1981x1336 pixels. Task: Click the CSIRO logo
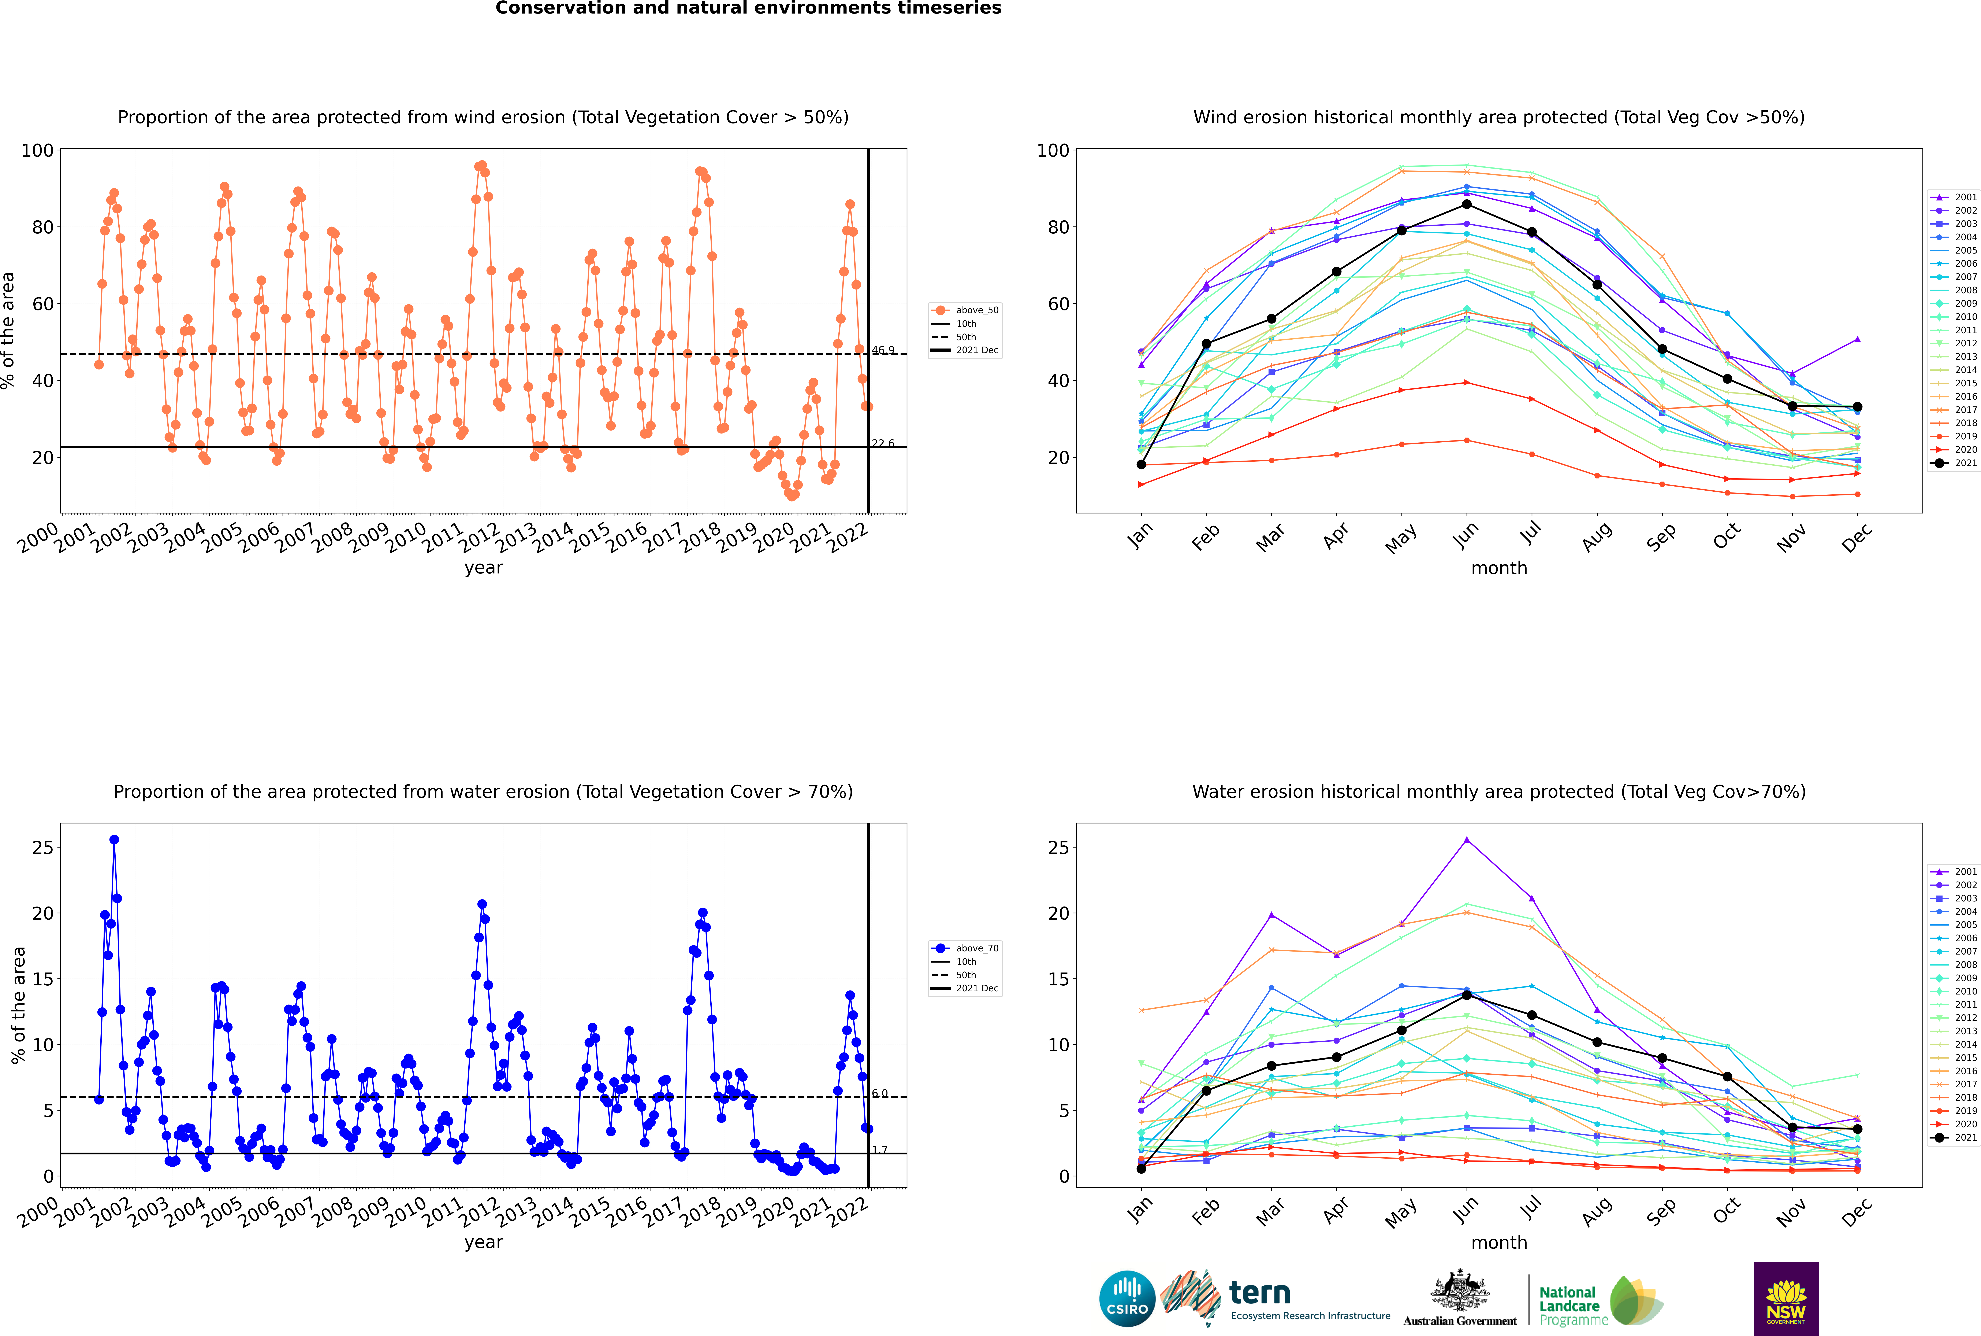pyautogui.click(x=1127, y=1299)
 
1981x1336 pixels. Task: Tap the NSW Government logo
pyautogui.click(x=1786, y=1299)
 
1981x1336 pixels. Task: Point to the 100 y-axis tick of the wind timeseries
pyautogui.click(x=37, y=151)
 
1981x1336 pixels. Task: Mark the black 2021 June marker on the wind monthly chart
pyautogui.click(x=1467, y=204)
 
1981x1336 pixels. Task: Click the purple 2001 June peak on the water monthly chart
pyautogui.click(x=1467, y=839)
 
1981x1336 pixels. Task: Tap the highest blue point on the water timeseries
pyautogui.click(x=114, y=839)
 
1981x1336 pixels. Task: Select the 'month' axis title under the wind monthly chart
pyautogui.click(x=1499, y=568)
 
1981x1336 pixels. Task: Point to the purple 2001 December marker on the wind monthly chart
pyautogui.click(x=1858, y=339)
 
